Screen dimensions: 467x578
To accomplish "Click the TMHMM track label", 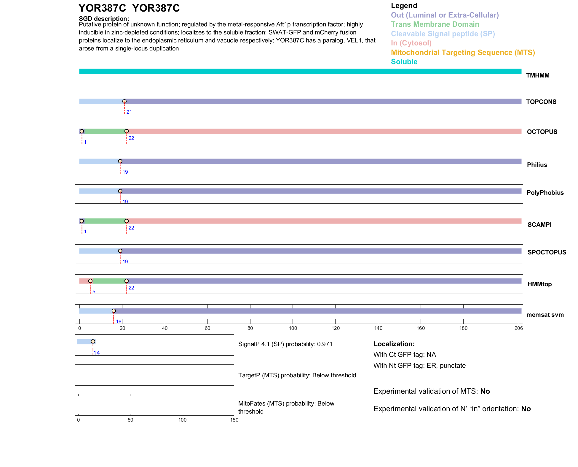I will [x=537, y=75].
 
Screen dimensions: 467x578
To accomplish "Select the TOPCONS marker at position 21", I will [x=124, y=102].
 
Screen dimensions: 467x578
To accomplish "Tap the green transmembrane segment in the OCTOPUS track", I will [x=105, y=132].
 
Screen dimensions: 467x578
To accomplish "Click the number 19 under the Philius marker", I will [x=125, y=172].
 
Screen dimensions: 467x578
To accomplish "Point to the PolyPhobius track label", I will [x=545, y=193].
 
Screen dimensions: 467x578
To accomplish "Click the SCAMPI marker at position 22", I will [x=127, y=221].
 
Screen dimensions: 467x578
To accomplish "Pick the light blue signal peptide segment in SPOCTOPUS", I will [x=99, y=251].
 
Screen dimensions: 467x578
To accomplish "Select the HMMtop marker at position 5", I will [x=90, y=281].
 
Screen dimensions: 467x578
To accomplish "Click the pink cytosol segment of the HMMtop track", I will [x=84, y=281].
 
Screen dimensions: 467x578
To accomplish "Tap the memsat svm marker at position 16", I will [x=114, y=311].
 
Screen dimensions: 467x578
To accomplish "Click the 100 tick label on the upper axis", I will [x=293, y=328].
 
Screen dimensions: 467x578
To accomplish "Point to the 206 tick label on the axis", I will [x=519, y=328].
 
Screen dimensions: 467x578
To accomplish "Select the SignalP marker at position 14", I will [x=93, y=341].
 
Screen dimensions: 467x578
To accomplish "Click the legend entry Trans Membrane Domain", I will [x=435, y=24].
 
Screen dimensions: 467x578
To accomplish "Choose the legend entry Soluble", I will [x=404, y=62].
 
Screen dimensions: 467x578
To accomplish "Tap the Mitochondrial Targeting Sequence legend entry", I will [x=463, y=53].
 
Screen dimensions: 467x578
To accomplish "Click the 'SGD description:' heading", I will [x=104, y=19].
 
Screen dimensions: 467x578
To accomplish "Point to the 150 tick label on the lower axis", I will [x=234, y=420].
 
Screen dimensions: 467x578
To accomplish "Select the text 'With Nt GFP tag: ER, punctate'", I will [x=419, y=365].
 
